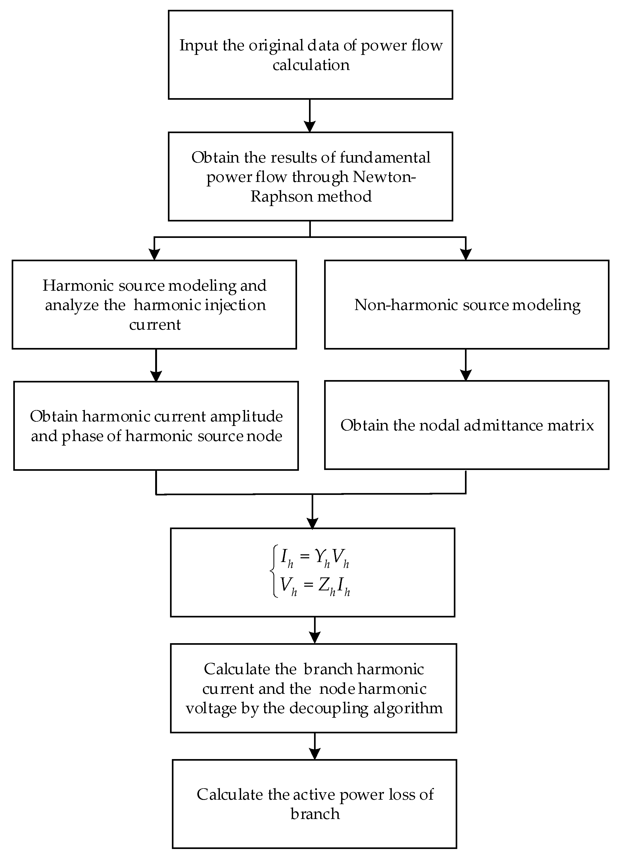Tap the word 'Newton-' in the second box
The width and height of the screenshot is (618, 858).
click(x=384, y=177)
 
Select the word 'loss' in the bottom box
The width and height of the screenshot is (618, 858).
click(x=393, y=794)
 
